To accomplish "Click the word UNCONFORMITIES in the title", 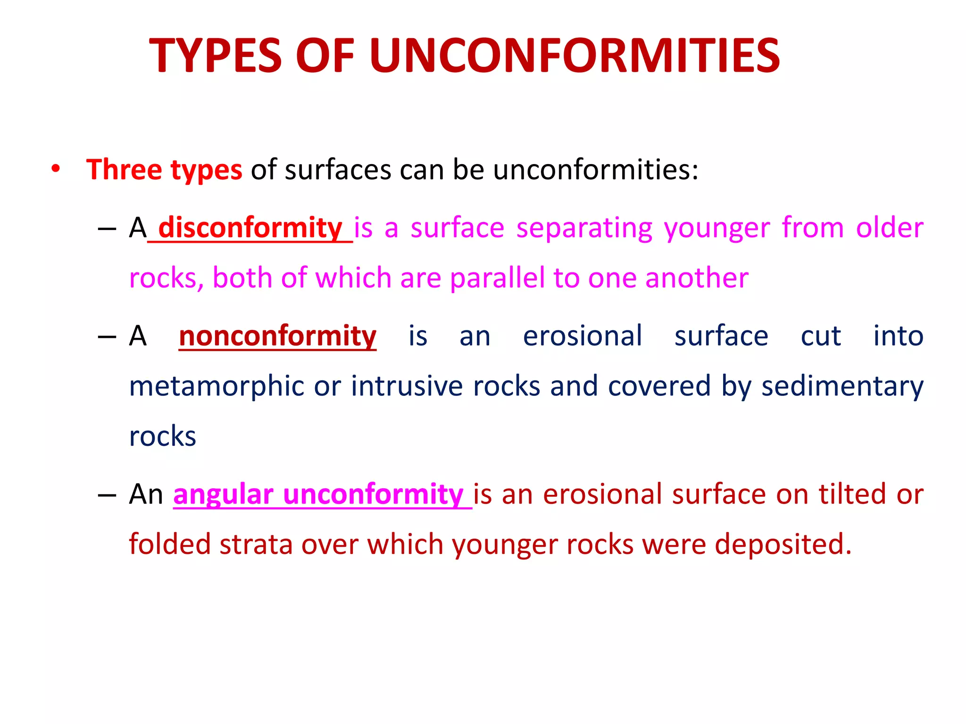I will tap(575, 56).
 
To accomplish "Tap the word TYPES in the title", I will tap(215, 56).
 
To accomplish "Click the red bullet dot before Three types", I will tap(56, 169).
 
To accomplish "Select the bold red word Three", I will tap(124, 170).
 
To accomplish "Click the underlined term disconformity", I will tap(250, 228).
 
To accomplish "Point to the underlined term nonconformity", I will tap(277, 337).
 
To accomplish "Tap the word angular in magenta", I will tap(223, 495).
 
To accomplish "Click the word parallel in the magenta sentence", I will tap(497, 278).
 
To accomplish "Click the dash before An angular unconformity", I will tap(107, 495).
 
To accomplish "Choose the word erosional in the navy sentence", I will tap(582, 337).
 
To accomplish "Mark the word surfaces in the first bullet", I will tap(338, 170).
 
